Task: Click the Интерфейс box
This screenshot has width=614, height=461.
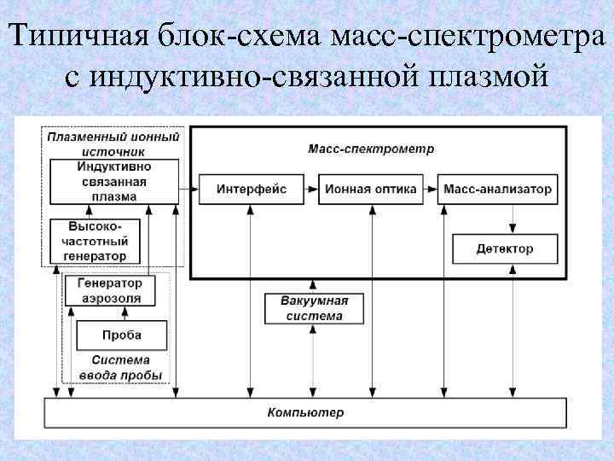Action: pyautogui.click(x=251, y=189)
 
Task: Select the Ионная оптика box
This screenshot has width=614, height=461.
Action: pyautogui.click(x=370, y=189)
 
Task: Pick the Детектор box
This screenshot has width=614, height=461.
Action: pyautogui.click(x=504, y=248)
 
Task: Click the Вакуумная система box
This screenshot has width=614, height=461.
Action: pyautogui.click(x=314, y=308)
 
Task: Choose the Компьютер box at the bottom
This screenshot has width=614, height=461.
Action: pyautogui.click(x=305, y=413)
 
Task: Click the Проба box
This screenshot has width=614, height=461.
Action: pyautogui.click(x=121, y=335)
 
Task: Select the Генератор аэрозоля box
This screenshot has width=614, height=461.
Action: pyautogui.click(x=109, y=291)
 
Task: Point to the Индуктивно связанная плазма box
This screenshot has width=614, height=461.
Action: pyautogui.click(x=114, y=181)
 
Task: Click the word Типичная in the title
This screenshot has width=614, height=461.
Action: pyautogui.click(x=82, y=37)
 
